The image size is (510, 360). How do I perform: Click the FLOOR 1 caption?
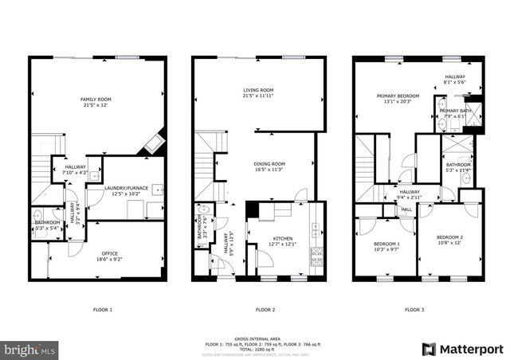point(103,309)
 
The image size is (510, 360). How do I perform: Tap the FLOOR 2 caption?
point(265,309)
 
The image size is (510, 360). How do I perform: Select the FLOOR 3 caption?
point(414,309)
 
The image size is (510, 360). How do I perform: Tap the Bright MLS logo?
point(30,349)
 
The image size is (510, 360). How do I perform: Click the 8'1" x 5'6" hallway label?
point(455,79)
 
